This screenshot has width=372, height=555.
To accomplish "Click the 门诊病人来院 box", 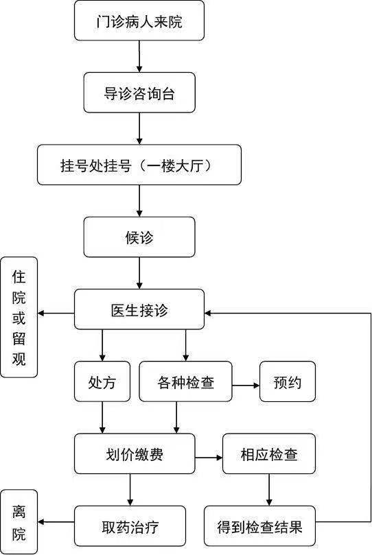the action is (x=139, y=21).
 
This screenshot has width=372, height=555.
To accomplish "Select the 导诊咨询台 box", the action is (x=139, y=93).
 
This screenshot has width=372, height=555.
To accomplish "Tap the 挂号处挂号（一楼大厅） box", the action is (x=139, y=165).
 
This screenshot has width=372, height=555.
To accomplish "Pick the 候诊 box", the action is (x=139, y=237).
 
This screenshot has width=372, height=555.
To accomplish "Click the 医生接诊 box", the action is (x=139, y=309).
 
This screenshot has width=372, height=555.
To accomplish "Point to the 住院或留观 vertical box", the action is (x=19, y=317).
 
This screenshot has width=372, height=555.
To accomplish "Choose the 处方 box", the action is (x=102, y=381).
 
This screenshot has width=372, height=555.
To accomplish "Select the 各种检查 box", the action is (x=185, y=381).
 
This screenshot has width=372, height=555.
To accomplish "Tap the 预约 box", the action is (x=288, y=381).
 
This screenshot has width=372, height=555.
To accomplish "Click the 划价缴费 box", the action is (x=135, y=453).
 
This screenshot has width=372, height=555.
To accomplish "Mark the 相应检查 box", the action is (x=269, y=453).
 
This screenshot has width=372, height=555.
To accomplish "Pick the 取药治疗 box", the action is (x=130, y=526).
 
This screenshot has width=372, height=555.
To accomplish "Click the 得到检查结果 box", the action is (x=260, y=526).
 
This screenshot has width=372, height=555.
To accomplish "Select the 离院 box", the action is (x=19, y=522).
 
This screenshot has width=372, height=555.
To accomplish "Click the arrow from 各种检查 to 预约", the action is (x=246, y=385).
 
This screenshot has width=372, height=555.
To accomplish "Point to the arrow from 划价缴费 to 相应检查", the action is (x=209, y=458).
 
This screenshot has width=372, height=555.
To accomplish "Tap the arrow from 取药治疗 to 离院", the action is (x=56, y=522).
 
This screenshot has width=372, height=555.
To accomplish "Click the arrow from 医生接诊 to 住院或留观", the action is (x=56, y=314).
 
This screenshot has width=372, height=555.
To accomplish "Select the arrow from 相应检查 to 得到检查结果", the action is (x=269, y=490).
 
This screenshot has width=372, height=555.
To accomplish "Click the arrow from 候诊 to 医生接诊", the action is (x=139, y=273).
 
